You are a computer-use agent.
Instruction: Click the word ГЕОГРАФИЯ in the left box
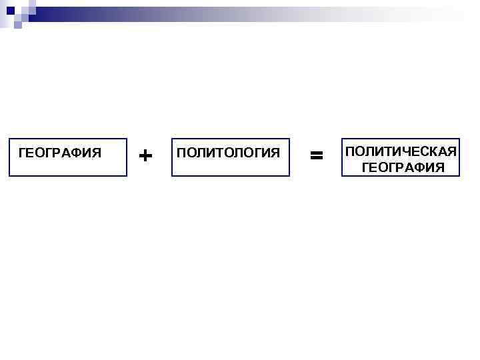tap(60, 153)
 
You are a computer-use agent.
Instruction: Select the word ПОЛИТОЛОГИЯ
tap(229, 153)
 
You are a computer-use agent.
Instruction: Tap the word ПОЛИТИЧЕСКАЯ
tap(400, 152)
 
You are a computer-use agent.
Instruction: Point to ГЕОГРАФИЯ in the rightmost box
tap(403, 167)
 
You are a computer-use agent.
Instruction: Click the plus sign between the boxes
tap(145, 155)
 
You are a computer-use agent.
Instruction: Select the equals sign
tap(317, 155)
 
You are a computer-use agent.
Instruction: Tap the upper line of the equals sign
tap(317, 153)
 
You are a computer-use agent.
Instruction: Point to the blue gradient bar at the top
tap(253, 11)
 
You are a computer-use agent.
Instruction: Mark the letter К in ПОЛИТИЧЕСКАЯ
tap(433, 152)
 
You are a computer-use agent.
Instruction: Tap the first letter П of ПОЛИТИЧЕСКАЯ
tap(350, 152)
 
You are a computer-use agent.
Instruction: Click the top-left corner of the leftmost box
tap(9, 139)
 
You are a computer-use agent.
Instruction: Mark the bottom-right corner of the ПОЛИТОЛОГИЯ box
tap(289, 175)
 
